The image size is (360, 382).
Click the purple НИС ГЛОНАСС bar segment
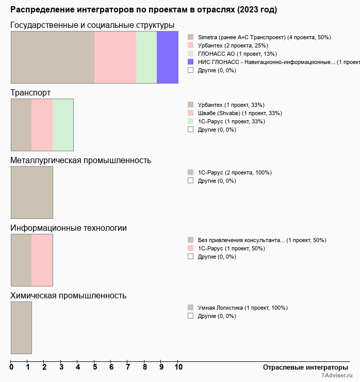point(167,57)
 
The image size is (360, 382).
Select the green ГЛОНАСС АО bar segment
point(146,57)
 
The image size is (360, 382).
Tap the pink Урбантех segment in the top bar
point(115,57)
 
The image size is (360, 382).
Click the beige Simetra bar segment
point(53,57)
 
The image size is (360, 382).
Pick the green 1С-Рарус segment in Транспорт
point(63,125)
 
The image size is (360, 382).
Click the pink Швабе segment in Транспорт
point(42,125)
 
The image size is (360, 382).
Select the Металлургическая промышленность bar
point(32,193)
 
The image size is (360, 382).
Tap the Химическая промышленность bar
point(21,328)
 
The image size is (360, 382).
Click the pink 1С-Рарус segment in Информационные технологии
point(42,260)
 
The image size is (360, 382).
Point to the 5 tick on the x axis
point(95,368)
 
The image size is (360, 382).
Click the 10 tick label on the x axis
point(178,368)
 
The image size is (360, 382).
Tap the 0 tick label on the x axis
point(11,368)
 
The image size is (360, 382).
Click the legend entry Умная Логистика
point(242,308)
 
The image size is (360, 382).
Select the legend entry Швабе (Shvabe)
point(240,114)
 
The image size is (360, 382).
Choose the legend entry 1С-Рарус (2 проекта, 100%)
point(235,173)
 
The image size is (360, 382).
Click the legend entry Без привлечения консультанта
point(262,241)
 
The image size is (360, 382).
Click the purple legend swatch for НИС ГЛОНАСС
point(190,62)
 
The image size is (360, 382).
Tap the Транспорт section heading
point(30,93)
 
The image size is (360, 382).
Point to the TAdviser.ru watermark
point(337,376)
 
